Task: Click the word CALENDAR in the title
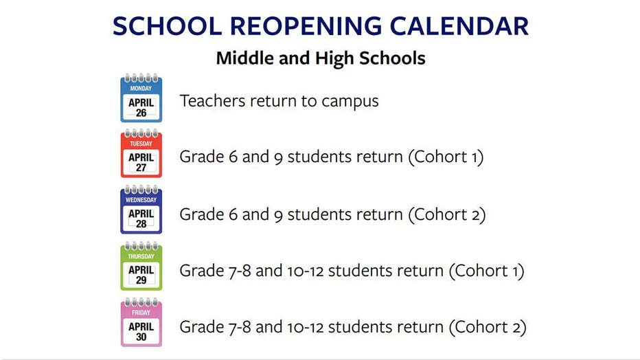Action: pyautogui.click(x=459, y=26)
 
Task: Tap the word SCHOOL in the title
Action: pyautogui.click(x=167, y=26)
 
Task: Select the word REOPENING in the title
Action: pyautogui.click(x=306, y=26)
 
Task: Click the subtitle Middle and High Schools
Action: pyautogui.click(x=321, y=58)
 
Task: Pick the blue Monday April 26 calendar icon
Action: pyautogui.click(x=141, y=98)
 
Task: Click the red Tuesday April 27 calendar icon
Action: pyautogui.click(x=141, y=154)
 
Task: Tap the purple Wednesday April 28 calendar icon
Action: pyautogui.click(x=141, y=210)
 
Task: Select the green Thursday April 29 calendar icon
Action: pyautogui.click(x=141, y=266)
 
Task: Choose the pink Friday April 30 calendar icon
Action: pyautogui.click(x=141, y=322)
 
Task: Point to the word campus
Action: pyautogui.click(x=350, y=102)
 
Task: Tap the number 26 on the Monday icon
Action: pyautogui.click(x=141, y=113)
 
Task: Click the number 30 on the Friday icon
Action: pyautogui.click(x=141, y=337)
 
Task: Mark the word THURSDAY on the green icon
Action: pyautogui.click(x=141, y=256)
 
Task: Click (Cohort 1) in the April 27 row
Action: pyautogui.click(x=446, y=157)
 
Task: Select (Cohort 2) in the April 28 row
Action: pyautogui.click(x=447, y=214)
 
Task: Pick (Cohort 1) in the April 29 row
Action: pyautogui.click(x=487, y=271)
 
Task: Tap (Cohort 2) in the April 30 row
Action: pyautogui.click(x=488, y=327)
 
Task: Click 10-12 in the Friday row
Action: pyautogui.click(x=306, y=327)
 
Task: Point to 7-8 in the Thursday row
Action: pyautogui.click(x=240, y=271)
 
